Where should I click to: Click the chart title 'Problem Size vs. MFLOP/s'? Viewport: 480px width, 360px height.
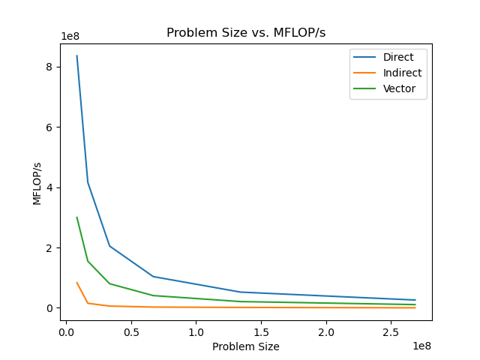pos(246,33)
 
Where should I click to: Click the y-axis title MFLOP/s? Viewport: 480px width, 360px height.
pos(37,181)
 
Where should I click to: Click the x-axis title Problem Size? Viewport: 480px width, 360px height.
pos(246,346)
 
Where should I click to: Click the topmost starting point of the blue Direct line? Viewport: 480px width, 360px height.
pos(76,55)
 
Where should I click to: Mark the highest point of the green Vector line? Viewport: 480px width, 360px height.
pos(76,217)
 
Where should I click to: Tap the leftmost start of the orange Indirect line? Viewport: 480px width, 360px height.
pos(76,283)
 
